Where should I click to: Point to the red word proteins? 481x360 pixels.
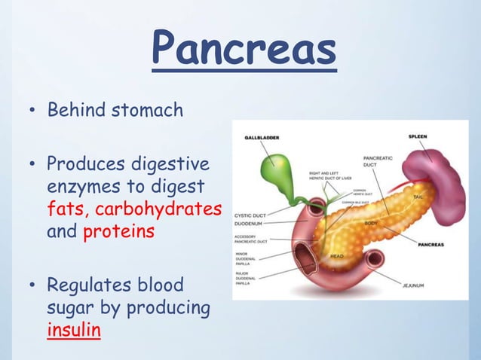tap(118, 231)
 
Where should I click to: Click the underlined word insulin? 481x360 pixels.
tap(73, 331)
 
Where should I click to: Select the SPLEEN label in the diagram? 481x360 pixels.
tap(420, 136)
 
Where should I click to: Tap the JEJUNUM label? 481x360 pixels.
tap(414, 285)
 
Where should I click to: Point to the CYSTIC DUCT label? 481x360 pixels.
tap(252, 214)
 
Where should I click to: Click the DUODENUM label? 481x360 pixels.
tap(250, 223)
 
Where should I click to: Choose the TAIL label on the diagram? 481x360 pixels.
tap(418, 197)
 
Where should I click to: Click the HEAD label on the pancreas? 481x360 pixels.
tap(338, 256)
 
